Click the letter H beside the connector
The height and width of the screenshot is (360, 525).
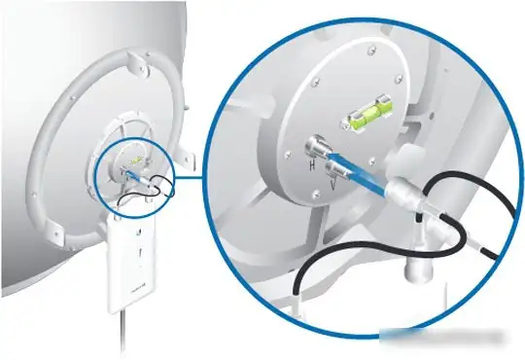312,164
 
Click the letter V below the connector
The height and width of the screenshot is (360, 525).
332,184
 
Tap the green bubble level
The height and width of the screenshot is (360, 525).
367,114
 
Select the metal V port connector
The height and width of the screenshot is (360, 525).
336,169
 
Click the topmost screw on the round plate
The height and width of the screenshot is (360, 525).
370,51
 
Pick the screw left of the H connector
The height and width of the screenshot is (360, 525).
288,155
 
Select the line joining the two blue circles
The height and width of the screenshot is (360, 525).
190,177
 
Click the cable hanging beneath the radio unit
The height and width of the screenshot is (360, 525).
123,332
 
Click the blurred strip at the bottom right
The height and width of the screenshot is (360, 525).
442,337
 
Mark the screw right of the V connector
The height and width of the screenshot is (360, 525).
371,162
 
